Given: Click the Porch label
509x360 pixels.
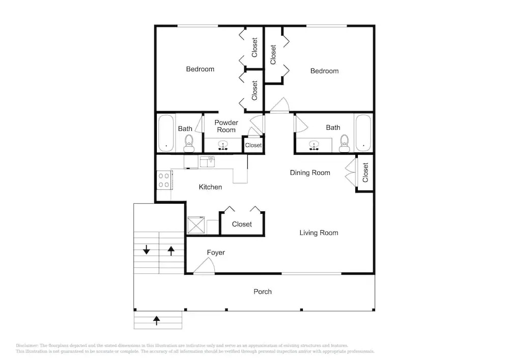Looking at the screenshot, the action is [x=262, y=291].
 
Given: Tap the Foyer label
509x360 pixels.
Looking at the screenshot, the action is [x=215, y=253].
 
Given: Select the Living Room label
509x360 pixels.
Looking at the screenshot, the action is [x=319, y=233].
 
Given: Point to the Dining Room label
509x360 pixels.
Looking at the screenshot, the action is [x=309, y=173].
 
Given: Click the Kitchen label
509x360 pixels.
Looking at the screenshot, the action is [x=210, y=187].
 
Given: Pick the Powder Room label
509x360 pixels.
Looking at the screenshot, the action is [x=226, y=126].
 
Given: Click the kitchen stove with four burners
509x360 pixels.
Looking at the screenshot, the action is [x=164, y=180].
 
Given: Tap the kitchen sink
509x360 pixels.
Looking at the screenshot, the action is [x=207, y=161].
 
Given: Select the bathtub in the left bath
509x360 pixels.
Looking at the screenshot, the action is [x=166, y=133].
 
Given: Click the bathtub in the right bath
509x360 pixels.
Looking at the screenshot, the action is [x=363, y=132].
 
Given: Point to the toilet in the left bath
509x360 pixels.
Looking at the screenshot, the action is [x=189, y=144].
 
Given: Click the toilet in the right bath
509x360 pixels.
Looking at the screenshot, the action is [x=344, y=143].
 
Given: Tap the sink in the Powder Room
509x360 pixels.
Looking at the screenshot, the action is [x=223, y=145].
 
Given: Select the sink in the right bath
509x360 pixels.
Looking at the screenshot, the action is [x=314, y=145].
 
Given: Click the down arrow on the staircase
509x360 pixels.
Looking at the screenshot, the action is [x=147, y=250].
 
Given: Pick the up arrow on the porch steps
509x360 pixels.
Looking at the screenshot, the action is [x=156, y=320].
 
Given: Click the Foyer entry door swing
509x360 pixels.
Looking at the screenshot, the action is [x=205, y=265].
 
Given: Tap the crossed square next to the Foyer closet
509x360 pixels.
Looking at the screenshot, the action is [x=196, y=225].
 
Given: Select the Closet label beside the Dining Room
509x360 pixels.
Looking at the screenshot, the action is [x=365, y=173].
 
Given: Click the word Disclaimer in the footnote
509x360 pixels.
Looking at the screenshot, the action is [x=27, y=345].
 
